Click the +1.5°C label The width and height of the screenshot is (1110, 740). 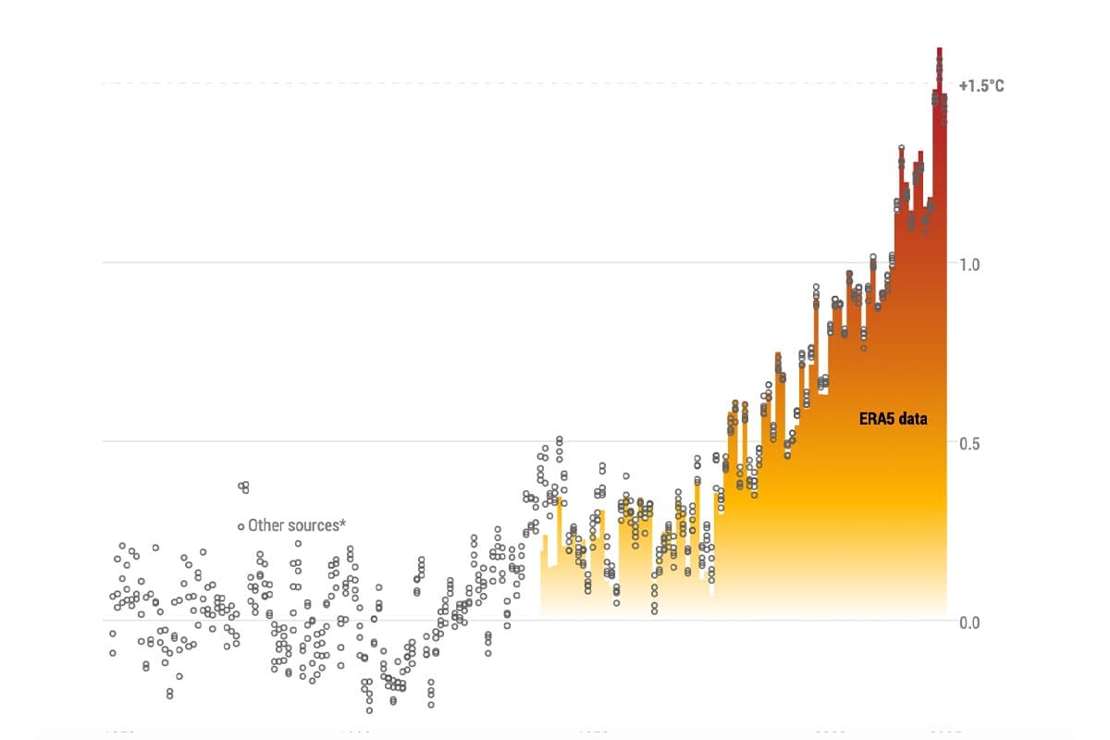point(981,86)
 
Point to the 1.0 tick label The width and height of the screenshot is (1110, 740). point(969,265)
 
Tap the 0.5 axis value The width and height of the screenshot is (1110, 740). point(969,443)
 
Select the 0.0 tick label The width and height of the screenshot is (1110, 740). point(969,622)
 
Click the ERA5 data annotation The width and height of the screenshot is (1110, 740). point(893,419)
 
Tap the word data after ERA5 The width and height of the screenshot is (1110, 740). point(913,419)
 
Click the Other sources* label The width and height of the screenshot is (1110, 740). point(297,525)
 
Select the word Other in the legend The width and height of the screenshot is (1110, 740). point(267,525)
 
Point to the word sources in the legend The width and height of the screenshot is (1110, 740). point(314,525)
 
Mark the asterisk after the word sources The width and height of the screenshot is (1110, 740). point(343,523)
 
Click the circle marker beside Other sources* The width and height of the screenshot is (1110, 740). point(240,526)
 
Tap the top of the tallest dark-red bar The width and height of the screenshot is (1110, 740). point(939,49)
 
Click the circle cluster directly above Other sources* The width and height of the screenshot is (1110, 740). point(244,487)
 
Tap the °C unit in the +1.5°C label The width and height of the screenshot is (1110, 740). point(994,86)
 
